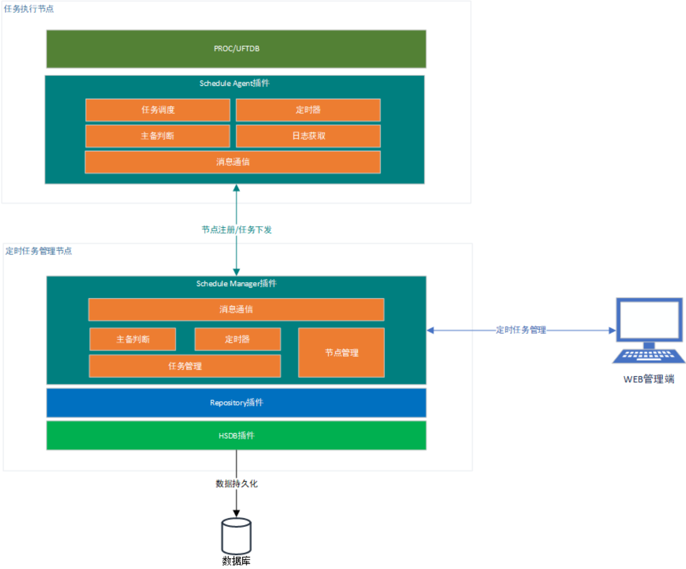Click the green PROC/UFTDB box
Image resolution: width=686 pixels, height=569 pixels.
(x=236, y=49)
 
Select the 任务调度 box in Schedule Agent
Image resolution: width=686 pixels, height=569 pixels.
(x=158, y=110)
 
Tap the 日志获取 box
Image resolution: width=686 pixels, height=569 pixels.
(x=308, y=136)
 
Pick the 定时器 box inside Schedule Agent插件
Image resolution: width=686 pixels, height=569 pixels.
(x=308, y=110)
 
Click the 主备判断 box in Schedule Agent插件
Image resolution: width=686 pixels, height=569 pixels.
(x=158, y=136)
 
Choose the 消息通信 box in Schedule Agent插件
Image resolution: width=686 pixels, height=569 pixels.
(x=232, y=162)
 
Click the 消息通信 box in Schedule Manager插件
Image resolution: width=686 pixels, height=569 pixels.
(x=236, y=310)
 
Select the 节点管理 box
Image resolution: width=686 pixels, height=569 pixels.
(x=342, y=352)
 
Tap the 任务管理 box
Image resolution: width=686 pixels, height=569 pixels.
(x=184, y=366)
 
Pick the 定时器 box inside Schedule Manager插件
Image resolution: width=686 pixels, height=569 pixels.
(x=238, y=339)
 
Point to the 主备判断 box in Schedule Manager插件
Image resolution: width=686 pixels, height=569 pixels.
(x=133, y=339)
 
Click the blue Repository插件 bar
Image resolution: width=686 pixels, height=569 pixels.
(x=236, y=403)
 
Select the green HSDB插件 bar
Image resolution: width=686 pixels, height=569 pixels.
(x=236, y=435)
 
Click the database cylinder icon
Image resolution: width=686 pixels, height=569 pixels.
(x=236, y=536)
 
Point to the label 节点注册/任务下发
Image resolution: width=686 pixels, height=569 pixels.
(x=236, y=230)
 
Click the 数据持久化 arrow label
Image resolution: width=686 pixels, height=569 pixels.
(x=236, y=484)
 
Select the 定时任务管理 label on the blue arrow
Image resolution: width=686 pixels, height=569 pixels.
(x=521, y=330)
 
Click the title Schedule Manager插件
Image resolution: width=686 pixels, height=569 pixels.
(x=236, y=284)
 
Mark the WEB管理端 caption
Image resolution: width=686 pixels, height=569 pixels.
(x=649, y=380)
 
